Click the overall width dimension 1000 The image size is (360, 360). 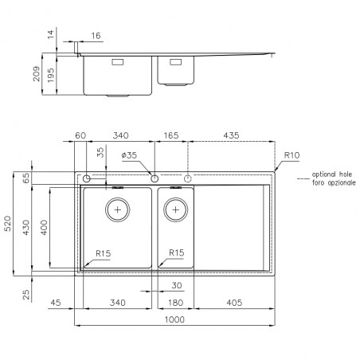pyautogui.click(x=174, y=319)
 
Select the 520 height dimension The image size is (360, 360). pyautogui.click(x=8, y=224)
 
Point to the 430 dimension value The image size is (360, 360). pyautogui.click(x=25, y=227)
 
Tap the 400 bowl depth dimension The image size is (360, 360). pyautogui.click(x=44, y=227)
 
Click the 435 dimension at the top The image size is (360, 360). pyautogui.click(x=231, y=135)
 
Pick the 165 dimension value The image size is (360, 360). pyautogui.click(x=171, y=135)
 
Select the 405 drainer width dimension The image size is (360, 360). pyautogui.click(x=234, y=303)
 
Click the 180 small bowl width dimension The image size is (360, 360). pyautogui.click(x=175, y=303)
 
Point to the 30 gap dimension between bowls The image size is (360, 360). pyautogui.click(x=177, y=285)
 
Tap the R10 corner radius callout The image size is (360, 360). pyautogui.click(x=292, y=155)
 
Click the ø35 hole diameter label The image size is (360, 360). pyautogui.click(x=129, y=155)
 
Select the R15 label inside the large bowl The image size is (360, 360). pyautogui.click(x=104, y=253)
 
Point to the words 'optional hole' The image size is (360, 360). pyautogui.click(x=332, y=174)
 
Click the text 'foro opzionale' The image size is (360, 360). pyautogui.click(x=334, y=182)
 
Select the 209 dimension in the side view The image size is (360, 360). pyautogui.click(x=36, y=74)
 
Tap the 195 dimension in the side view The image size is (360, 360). pyautogui.click(x=50, y=75)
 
